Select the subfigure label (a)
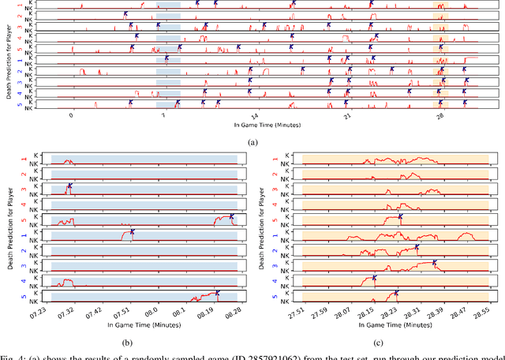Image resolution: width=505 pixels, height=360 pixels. click(x=252, y=141)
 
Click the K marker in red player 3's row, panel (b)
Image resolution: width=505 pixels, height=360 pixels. click(x=69, y=186)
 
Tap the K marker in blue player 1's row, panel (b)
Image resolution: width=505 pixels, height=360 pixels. click(x=133, y=232)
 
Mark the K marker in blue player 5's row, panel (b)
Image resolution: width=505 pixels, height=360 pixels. click(x=218, y=293)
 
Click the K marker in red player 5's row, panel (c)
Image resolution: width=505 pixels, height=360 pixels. click(x=401, y=216)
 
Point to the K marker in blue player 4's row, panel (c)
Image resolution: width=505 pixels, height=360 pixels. click(x=374, y=278)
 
